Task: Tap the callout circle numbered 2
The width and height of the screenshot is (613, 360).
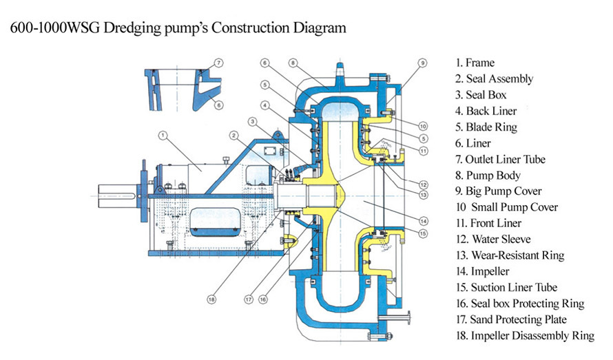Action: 235,134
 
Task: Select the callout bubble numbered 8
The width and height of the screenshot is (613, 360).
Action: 293,63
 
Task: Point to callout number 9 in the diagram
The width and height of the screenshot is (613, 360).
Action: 422,63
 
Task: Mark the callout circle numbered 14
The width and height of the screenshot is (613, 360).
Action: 424,221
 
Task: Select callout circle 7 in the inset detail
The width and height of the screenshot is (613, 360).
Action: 218,63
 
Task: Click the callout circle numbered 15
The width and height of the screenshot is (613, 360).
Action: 424,234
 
